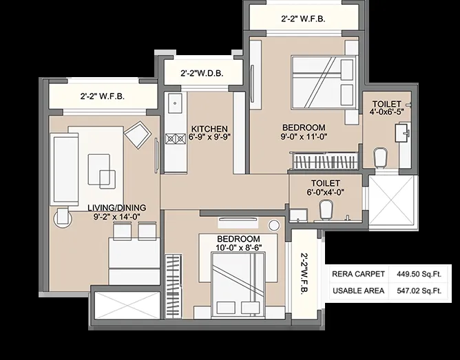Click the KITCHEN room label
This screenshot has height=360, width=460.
(209, 129)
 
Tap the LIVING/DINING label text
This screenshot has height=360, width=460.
(117, 208)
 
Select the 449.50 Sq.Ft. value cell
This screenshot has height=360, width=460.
(419, 274)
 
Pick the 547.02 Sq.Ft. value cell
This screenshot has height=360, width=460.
(419, 290)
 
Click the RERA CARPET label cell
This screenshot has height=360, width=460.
(358, 274)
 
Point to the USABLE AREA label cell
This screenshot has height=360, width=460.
(358, 290)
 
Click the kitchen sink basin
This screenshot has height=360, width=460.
(175, 103)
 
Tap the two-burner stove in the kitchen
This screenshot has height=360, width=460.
(176, 138)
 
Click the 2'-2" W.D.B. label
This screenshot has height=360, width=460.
(202, 73)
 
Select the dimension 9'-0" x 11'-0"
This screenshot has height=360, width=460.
(304, 136)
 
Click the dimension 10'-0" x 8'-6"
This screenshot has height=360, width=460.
(239, 248)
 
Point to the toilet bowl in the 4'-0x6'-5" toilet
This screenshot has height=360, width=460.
(381, 158)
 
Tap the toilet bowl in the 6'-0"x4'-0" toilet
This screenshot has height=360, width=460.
(326, 209)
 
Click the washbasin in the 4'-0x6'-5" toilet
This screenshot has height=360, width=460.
(402, 133)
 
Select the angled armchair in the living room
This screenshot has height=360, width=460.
(138, 134)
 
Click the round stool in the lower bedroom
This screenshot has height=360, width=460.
(274, 225)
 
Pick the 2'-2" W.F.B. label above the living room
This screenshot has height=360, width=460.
(103, 96)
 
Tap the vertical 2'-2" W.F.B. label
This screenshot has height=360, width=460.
(305, 275)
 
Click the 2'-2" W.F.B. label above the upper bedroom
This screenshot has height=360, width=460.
(303, 19)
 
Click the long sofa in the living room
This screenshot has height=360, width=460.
(65, 169)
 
